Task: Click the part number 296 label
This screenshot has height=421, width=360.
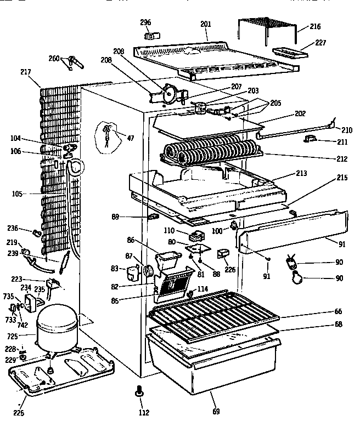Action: (145, 22)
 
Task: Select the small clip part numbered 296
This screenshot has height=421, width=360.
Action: (148, 36)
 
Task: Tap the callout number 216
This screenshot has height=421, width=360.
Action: (315, 26)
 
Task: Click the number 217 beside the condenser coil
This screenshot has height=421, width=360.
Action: (25, 72)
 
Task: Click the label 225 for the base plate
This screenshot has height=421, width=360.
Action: (19, 413)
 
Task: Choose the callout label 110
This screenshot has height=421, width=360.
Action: (168, 231)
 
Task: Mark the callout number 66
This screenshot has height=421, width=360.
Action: (339, 311)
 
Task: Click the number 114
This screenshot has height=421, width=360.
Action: (203, 289)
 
